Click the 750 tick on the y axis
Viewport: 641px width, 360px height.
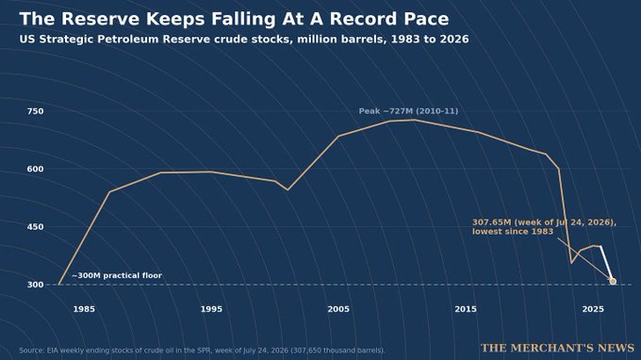click(x=35, y=111)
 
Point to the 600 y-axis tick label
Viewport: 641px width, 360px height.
click(x=35, y=169)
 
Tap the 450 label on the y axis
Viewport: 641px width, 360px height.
click(x=35, y=227)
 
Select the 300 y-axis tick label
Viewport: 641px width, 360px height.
click(x=35, y=285)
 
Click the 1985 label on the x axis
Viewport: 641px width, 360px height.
click(x=84, y=309)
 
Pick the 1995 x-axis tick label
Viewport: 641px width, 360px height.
click(x=211, y=309)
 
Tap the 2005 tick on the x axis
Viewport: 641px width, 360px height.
click(x=338, y=309)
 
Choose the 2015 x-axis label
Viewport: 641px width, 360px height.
click(x=466, y=309)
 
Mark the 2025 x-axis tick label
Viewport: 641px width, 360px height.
click(x=593, y=309)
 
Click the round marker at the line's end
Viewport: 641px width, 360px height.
click(x=613, y=281)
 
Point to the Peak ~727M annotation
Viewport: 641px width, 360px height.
click(x=408, y=111)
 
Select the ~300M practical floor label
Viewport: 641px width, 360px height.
click(x=117, y=276)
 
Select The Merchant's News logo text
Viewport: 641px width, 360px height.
click(x=558, y=348)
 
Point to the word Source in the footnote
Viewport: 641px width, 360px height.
click(x=31, y=351)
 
